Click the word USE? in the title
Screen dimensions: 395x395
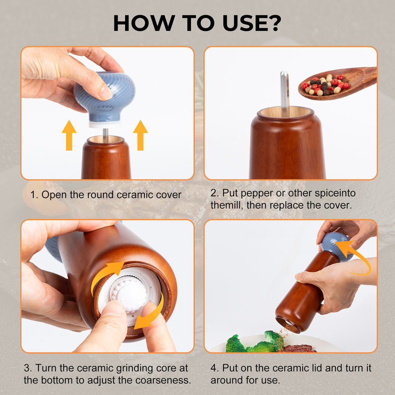click(252, 23)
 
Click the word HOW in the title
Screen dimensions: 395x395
click(144, 23)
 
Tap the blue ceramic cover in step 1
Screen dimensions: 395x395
click(104, 97)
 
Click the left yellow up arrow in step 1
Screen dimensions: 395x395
click(69, 135)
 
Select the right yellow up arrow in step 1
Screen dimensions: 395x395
click(140, 135)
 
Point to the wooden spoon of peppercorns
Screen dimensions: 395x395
click(337, 84)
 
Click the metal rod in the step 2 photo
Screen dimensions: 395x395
click(285, 94)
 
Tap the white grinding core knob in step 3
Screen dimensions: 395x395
click(128, 293)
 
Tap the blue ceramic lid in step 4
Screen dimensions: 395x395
click(336, 246)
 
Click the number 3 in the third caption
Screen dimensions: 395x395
click(27, 368)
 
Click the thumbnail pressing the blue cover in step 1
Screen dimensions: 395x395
click(105, 92)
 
